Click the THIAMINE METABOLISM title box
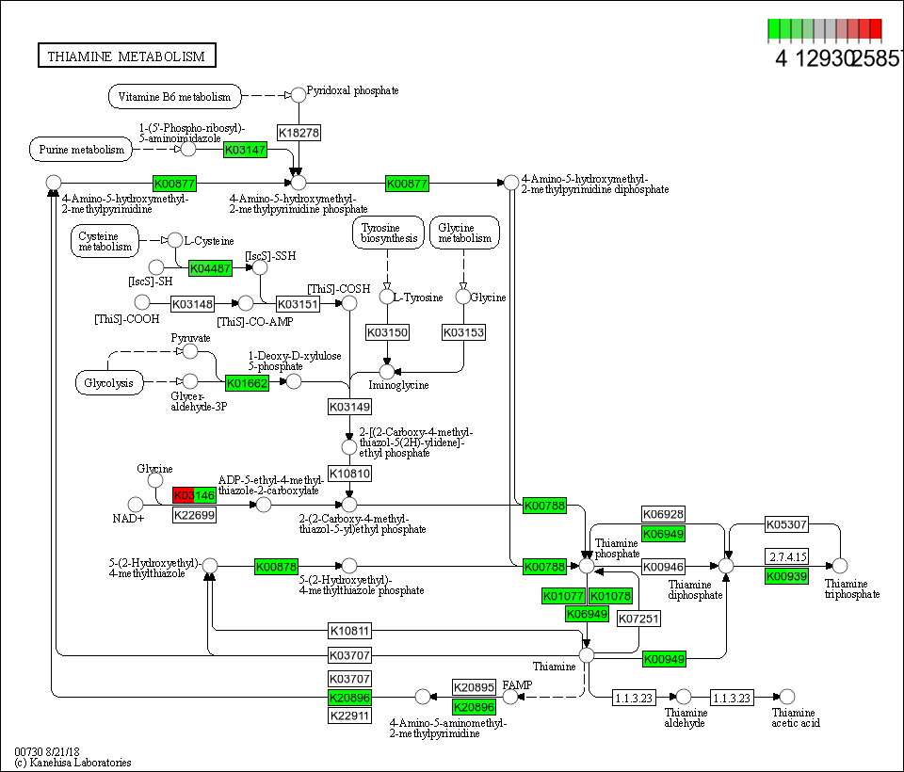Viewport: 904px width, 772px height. (x=126, y=56)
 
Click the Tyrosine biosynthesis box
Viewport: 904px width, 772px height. (x=387, y=233)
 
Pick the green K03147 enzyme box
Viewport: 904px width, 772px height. (x=246, y=149)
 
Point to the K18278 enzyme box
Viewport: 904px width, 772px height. (x=299, y=133)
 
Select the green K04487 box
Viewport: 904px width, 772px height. (x=211, y=268)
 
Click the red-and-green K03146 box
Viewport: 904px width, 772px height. (x=195, y=495)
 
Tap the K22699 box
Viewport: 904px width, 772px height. (x=195, y=515)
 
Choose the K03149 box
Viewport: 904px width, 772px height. (x=349, y=407)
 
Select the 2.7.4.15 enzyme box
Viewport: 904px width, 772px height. (x=787, y=556)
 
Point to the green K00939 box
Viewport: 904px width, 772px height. (x=787, y=576)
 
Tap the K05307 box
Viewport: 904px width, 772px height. (x=786, y=524)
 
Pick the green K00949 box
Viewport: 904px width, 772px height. (x=665, y=659)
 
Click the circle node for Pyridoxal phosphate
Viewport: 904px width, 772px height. (x=299, y=94)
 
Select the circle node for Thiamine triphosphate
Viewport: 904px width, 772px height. (x=840, y=566)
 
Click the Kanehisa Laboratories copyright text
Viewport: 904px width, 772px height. (x=73, y=763)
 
